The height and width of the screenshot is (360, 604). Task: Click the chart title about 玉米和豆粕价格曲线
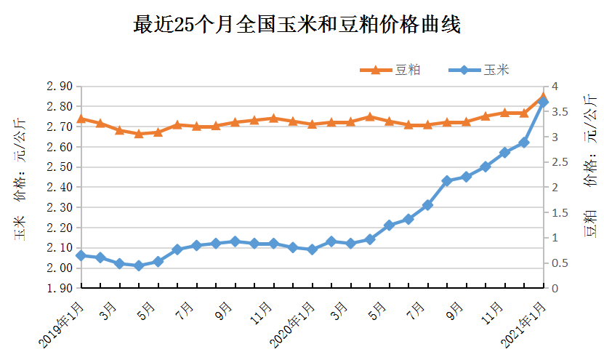coord(297,25)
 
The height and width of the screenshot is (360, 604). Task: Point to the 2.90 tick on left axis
coord(58,87)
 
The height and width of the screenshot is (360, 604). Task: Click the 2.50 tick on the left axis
coord(58,167)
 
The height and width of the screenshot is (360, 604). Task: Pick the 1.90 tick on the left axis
coord(58,289)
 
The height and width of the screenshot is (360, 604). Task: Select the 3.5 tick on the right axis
coord(558,112)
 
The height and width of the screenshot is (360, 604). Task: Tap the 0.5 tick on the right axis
coord(558,263)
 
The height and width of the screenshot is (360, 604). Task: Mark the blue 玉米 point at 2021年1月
coord(543,103)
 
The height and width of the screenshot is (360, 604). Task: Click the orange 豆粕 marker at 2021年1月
coord(543,97)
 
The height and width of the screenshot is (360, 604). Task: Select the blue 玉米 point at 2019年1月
coord(81,255)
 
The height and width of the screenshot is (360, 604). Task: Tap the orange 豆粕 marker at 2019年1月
coord(81,119)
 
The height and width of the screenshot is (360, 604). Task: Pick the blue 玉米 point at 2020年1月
coord(312,249)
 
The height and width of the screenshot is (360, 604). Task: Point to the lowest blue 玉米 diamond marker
coord(138,266)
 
